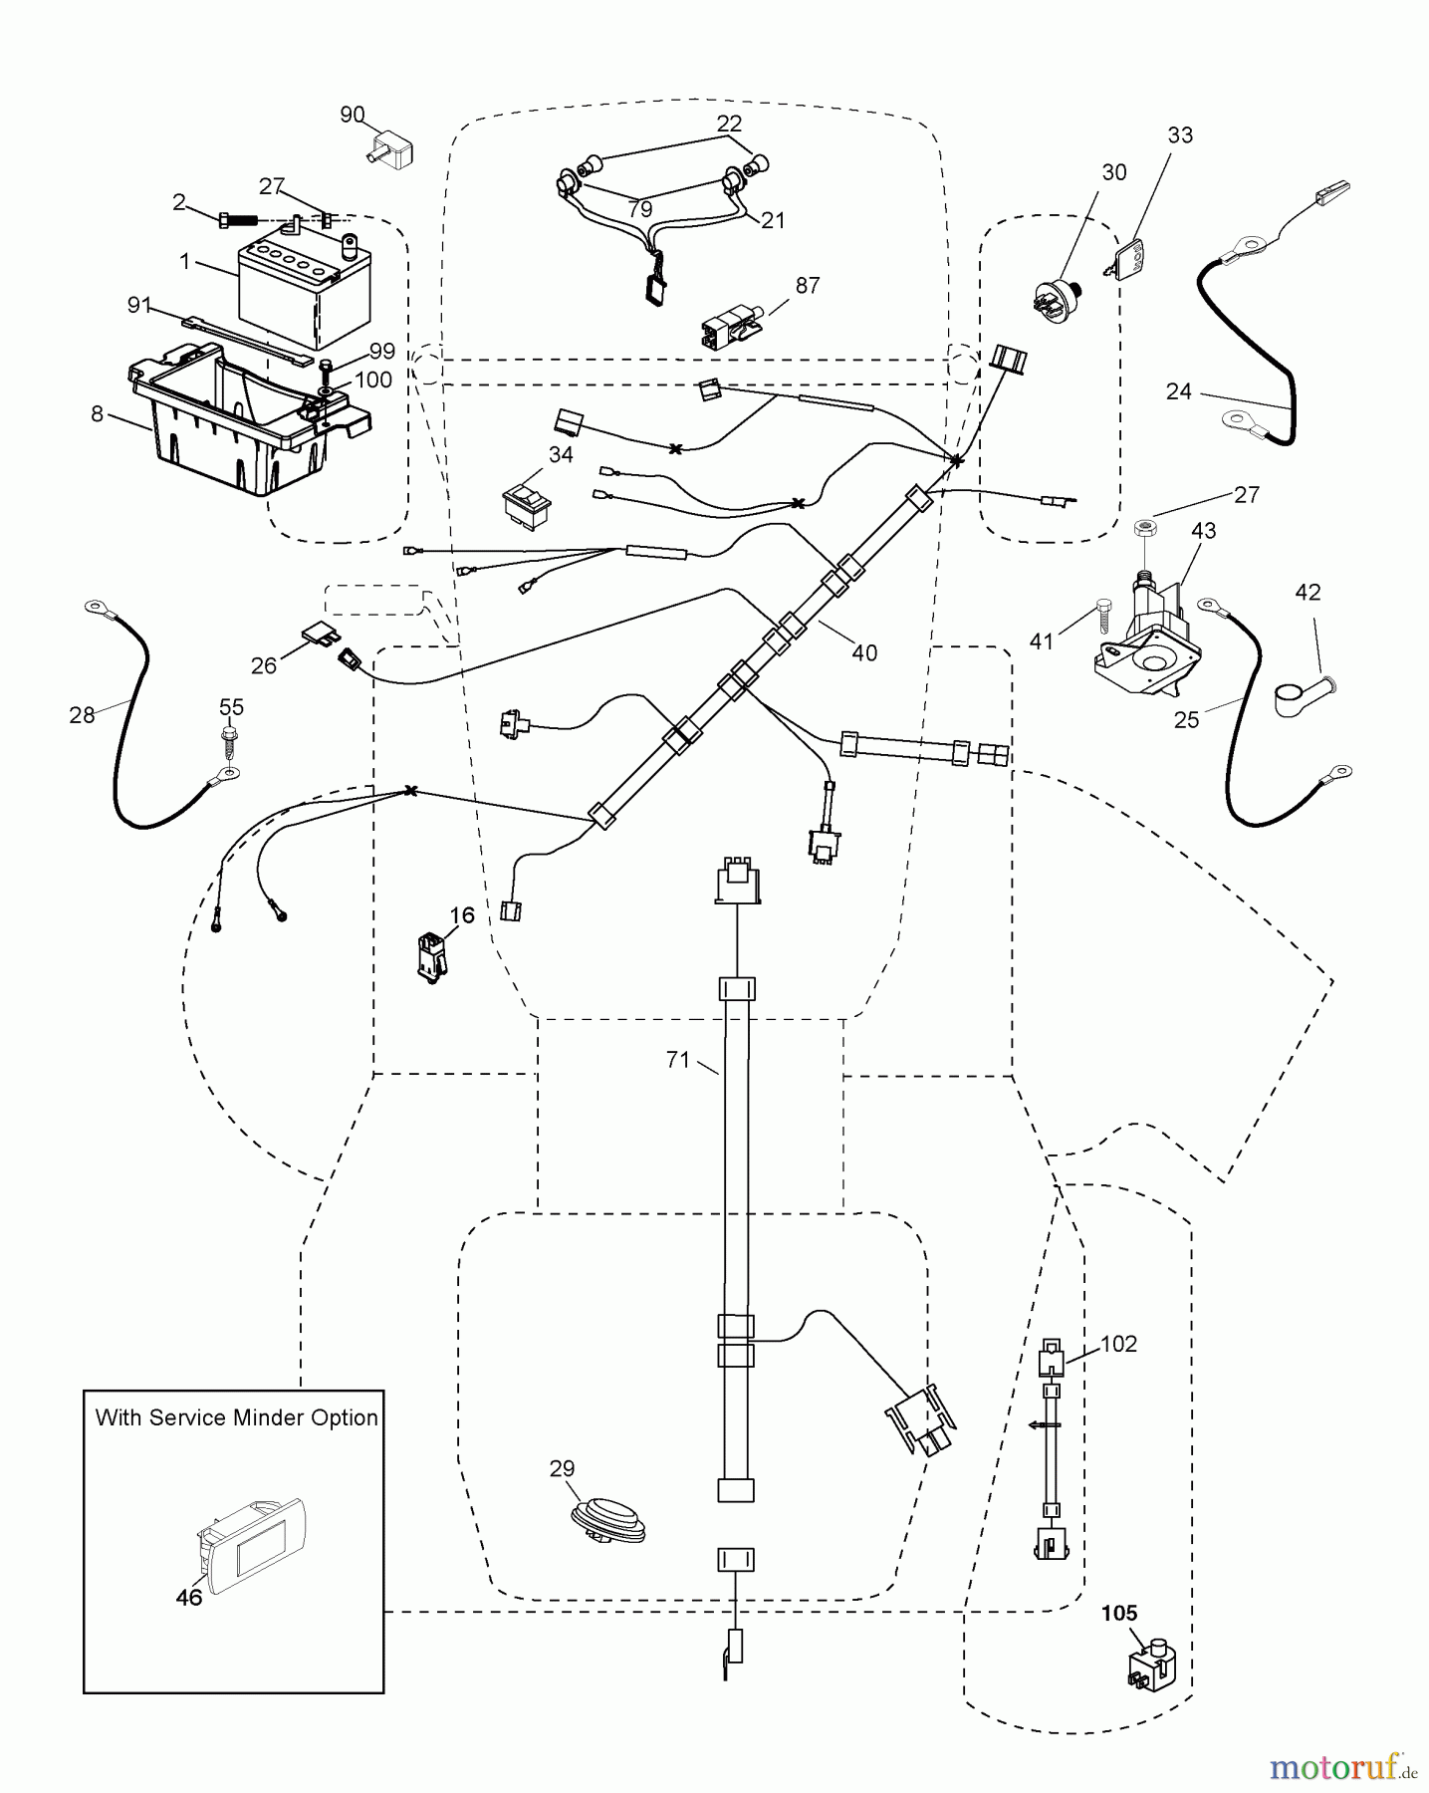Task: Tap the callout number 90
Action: pos(353,116)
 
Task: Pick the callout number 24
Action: pos(1178,391)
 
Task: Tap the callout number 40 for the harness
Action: pos(864,652)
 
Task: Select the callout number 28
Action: pos(82,714)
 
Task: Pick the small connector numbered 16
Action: pos(432,958)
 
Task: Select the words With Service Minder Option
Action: pos(236,1417)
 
